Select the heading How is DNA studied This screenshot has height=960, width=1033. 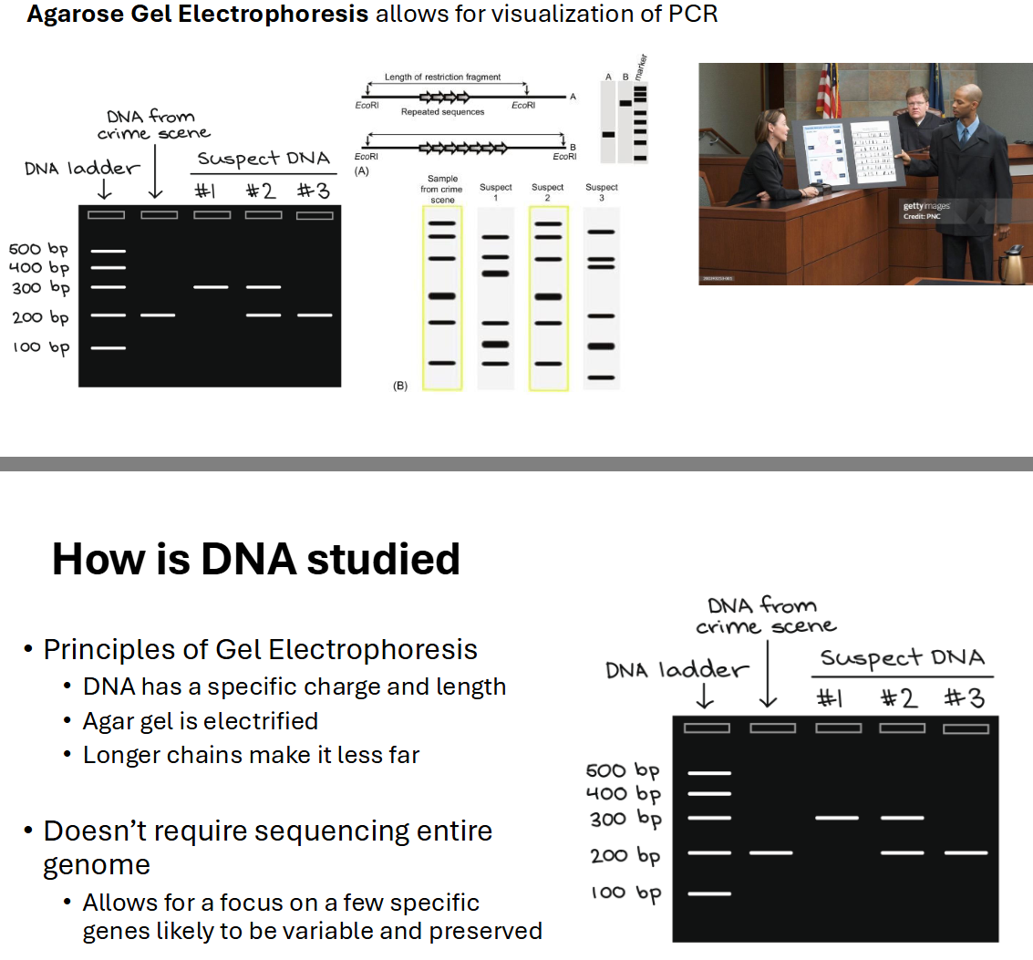(x=255, y=559)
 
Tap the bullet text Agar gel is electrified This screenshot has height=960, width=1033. (x=201, y=721)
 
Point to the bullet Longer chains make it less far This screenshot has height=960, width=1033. (x=251, y=755)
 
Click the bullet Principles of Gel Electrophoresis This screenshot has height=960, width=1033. (x=260, y=650)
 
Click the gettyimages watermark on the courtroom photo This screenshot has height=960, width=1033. (x=925, y=207)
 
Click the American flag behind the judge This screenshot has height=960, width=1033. (x=828, y=91)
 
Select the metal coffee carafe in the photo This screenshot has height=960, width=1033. (x=1010, y=263)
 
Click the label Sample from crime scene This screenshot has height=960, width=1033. (x=442, y=189)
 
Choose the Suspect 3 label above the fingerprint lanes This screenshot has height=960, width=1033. (x=601, y=192)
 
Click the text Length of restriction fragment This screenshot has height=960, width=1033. (x=442, y=78)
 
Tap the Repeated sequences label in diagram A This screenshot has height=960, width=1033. (x=442, y=111)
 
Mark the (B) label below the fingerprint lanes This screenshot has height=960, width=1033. (x=399, y=387)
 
